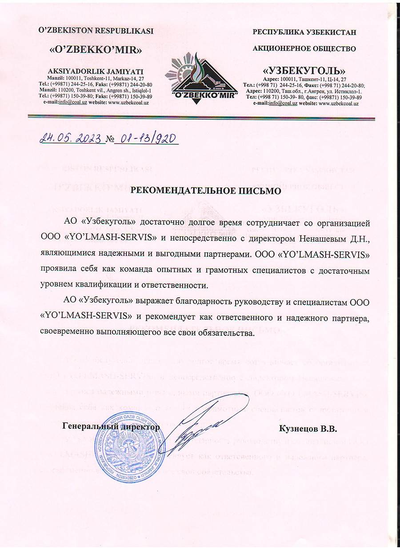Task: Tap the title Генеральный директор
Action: (111, 427)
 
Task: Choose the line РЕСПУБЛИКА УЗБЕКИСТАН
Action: (304, 32)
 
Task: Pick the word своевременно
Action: (71, 333)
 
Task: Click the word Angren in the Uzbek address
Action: (115, 90)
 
